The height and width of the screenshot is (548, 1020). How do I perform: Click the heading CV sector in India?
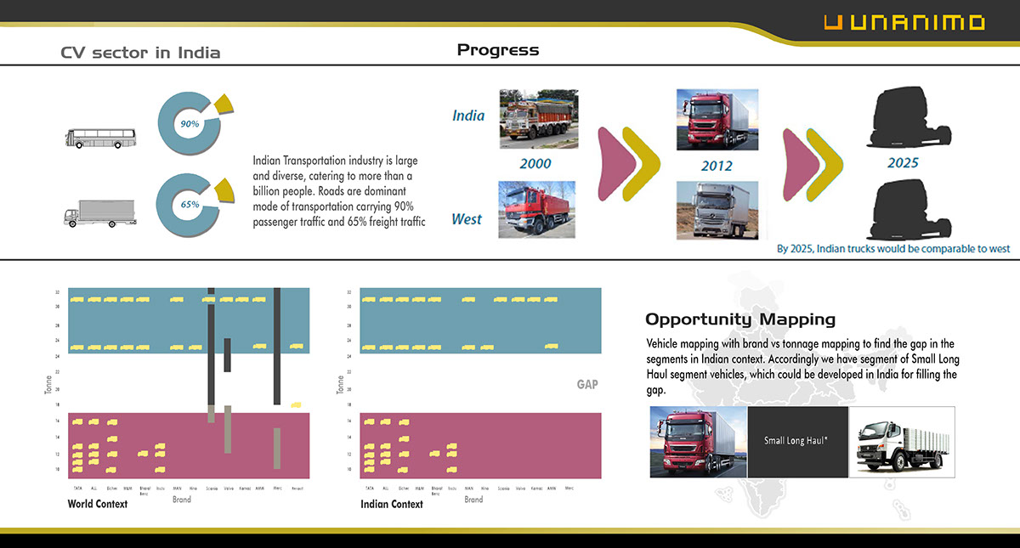140,53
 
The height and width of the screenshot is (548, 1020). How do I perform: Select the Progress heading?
497,50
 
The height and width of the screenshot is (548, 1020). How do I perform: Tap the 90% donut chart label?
190,124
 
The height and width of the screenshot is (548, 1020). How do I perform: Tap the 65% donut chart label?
190,205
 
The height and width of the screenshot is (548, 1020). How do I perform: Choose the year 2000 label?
535,163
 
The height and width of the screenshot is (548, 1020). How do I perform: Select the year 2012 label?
717,166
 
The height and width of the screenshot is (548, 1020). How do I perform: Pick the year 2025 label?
903,162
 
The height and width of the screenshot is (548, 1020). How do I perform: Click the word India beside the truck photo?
468,116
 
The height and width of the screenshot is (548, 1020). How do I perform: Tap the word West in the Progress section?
467,219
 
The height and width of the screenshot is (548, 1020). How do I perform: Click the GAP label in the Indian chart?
587,385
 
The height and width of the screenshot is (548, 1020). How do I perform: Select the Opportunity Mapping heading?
739,319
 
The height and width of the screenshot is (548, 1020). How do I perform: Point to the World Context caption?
98,504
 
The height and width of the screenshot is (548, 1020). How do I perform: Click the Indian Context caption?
391,504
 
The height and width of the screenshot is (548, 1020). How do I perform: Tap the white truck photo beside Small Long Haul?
902,441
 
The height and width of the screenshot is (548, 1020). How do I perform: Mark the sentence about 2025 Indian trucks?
893,249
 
